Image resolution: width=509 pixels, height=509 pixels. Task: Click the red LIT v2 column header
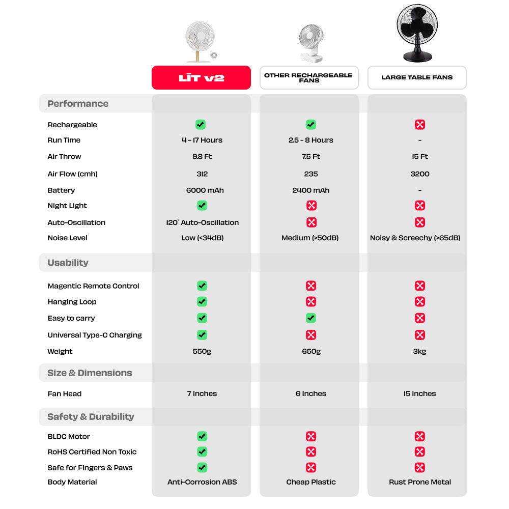tap(201, 78)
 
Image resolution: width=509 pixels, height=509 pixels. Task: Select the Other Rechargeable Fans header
tap(309, 78)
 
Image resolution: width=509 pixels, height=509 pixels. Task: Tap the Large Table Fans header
tap(417, 78)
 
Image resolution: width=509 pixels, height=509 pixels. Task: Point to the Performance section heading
tap(78, 104)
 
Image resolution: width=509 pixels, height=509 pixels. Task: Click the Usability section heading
tap(68, 263)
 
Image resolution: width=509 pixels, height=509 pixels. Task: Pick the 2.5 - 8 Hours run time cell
tap(310, 140)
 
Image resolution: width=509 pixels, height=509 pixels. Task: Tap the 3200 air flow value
tap(420, 174)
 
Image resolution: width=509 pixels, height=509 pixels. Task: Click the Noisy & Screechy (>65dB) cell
tap(415, 238)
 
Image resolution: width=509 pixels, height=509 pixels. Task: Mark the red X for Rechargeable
tap(420, 125)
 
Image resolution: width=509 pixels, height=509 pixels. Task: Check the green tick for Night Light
tap(202, 206)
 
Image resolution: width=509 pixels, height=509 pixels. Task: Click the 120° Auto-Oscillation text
tap(202, 222)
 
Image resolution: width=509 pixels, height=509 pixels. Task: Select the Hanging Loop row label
tap(72, 302)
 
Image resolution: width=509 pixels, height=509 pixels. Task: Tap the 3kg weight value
tap(420, 352)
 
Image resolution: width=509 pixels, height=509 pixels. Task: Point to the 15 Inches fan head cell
tap(420, 393)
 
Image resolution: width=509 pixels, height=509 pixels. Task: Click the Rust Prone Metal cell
tap(420, 482)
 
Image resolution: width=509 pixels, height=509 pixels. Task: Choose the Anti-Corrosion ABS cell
tap(202, 482)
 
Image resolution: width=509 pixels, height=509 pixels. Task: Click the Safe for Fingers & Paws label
tap(90, 468)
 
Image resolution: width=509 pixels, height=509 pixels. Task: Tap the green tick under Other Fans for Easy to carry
tap(311, 318)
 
